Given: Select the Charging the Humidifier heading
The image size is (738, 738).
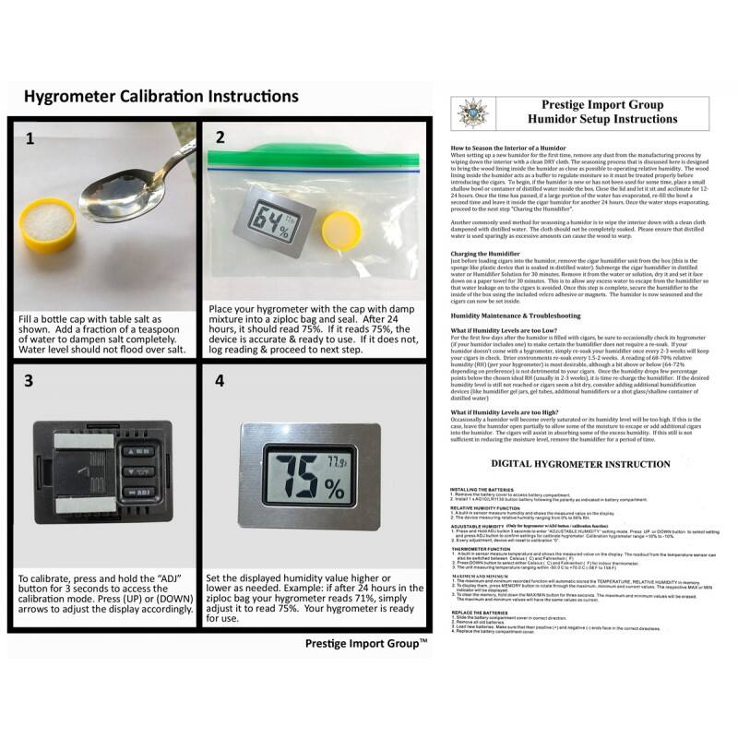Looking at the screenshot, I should pos(489,253).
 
